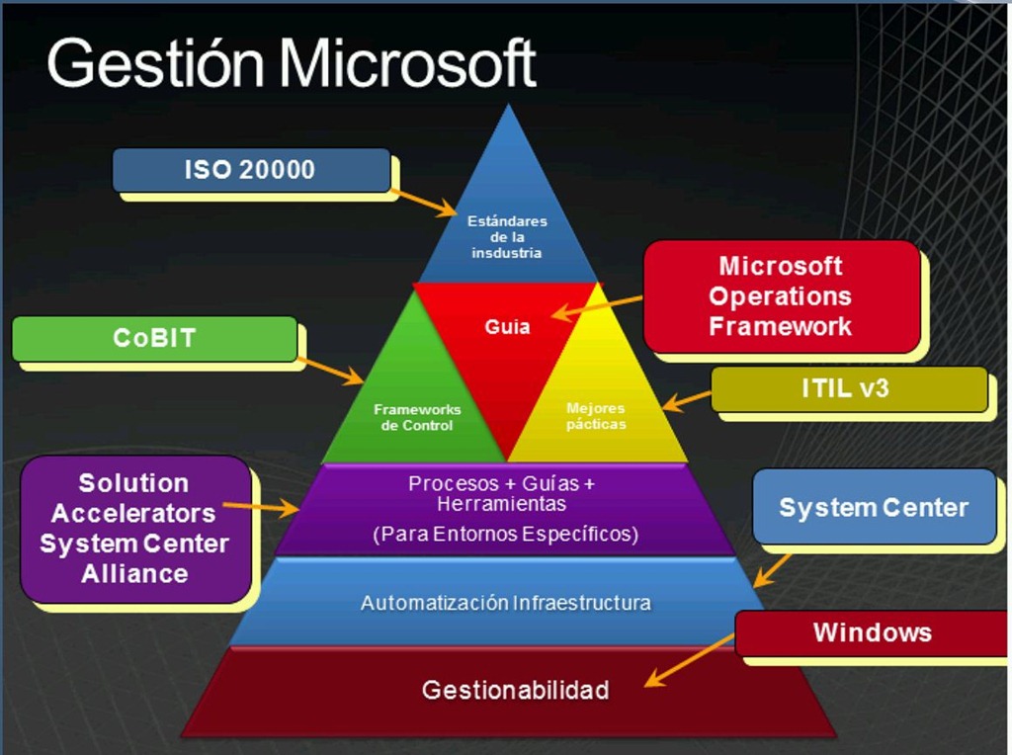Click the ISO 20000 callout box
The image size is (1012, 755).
click(251, 170)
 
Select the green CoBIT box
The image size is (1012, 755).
click(154, 339)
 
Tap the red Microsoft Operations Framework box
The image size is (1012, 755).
click(781, 296)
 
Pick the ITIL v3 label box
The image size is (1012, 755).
click(848, 388)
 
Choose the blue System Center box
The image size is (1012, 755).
click(874, 508)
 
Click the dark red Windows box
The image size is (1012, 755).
click(872, 632)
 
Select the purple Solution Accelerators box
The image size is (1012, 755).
click(134, 529)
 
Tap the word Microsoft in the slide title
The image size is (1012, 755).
click(407, 65)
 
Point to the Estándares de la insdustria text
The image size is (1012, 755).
click(507, 237)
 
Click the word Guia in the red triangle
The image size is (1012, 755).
click(507, 326)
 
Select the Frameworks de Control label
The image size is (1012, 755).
click(417, 417)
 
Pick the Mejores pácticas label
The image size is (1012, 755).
click(596, 416)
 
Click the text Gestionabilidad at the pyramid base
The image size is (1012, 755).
click(515, 690)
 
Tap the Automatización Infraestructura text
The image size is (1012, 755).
click(505, 602)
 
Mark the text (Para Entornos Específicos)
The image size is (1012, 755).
click(505, 535)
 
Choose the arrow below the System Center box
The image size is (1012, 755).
click(772, 570)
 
